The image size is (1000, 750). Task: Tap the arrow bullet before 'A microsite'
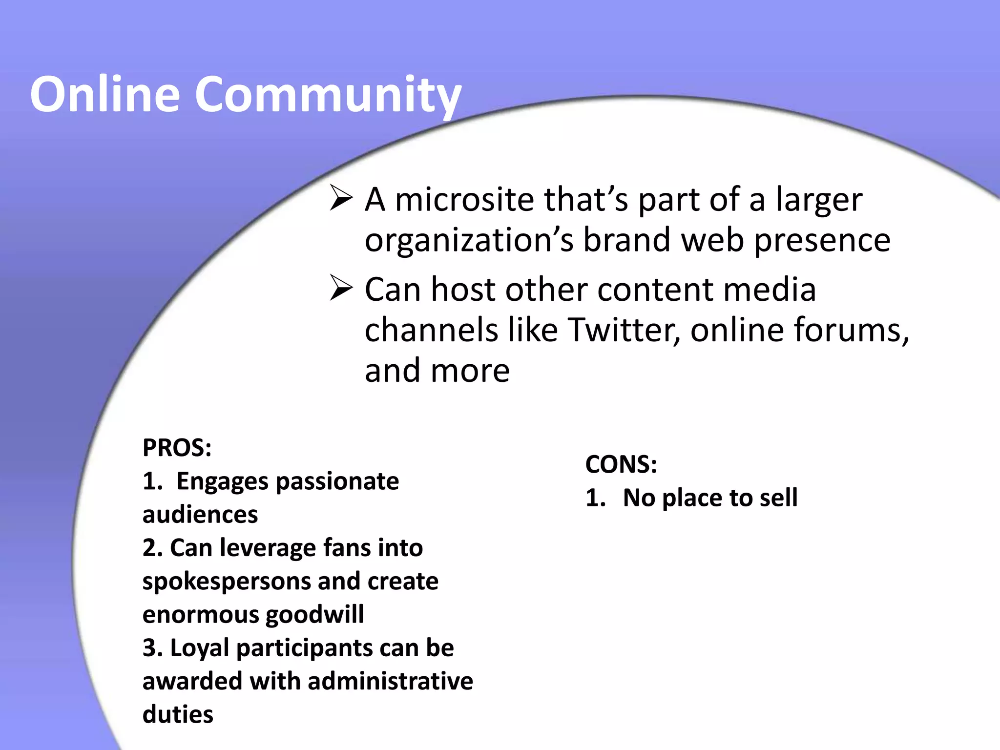(341, 198)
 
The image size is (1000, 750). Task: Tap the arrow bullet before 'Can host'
(341, 288)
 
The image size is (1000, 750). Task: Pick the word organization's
(469, 240)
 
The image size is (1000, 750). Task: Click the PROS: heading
(177, 447)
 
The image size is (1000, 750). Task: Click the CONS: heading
(621, 464)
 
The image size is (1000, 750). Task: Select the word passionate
(337, 482)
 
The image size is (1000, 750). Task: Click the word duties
(178, 714)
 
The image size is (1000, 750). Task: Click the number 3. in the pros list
(152, 648)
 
